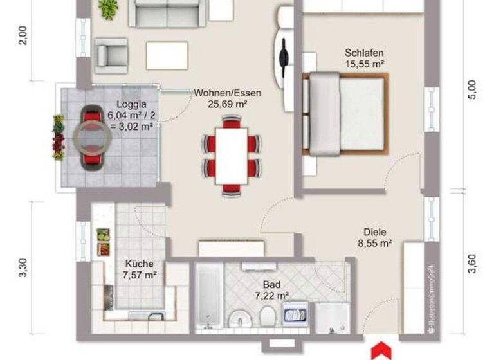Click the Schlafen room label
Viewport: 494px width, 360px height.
364,53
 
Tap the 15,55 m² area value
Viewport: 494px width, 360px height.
364,64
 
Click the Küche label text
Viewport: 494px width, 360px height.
139,264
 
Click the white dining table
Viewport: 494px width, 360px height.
232,154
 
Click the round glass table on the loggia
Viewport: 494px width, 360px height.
89,136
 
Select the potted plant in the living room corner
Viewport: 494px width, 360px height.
108,8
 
